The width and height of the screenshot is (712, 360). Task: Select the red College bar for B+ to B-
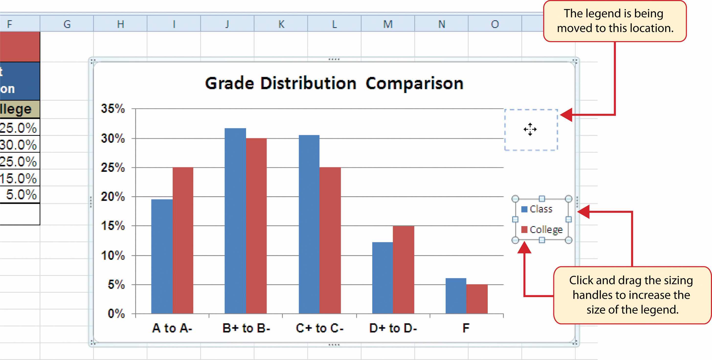click(x=256, y=226)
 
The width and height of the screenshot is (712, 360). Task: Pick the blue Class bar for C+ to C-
click(x=309, y=224)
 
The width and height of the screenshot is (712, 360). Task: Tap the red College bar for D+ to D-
click(x=403, y=270)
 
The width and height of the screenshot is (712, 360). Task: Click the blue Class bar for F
click(x=455, y=296)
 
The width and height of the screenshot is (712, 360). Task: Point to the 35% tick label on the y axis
click(x=113, y=109)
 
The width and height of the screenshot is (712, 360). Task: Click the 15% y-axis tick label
click(x=113, y=226)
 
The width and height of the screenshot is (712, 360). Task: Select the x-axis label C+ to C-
click(x=319, y=328)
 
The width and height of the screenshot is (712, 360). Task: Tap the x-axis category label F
click(x=466, y=328)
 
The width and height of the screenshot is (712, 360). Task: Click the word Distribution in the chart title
click(x=308, y=83)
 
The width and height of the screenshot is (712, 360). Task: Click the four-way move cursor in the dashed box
click(x=530, y=129)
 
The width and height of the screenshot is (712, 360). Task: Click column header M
click(x=387, y=24)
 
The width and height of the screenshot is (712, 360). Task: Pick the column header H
click(x=120, y=24)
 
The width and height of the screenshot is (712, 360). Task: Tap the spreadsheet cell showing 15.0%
click(x=19, y=178)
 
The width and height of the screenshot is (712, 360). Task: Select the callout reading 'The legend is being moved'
click(x=615, y=21)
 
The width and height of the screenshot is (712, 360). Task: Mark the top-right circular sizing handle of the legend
click(x=568, y=198)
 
